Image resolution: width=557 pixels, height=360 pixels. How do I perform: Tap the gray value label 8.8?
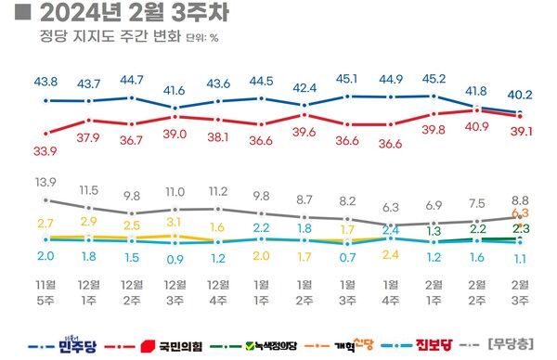(521, 199)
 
